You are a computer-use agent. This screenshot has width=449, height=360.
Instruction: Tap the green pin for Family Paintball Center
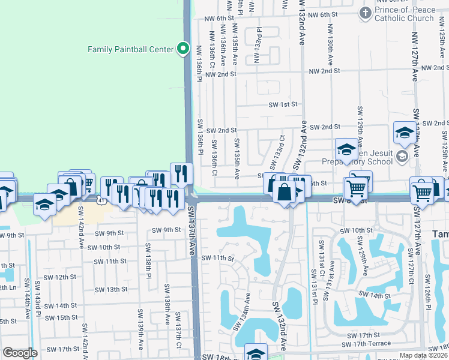[x=183, y=49]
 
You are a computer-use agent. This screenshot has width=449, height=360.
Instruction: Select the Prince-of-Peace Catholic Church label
[x=404, y=14]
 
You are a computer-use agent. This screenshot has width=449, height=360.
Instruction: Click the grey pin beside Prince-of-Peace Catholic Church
[x=365, y=13]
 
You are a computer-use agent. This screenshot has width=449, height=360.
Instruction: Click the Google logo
[x=20, y=353]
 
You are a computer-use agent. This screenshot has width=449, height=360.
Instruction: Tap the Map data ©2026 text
[x=423, y=355]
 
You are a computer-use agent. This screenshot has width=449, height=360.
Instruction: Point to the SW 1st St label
[x=283, y=104]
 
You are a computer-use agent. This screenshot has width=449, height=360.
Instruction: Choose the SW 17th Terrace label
[x=366, y=344]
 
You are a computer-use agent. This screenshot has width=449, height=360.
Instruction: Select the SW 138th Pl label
[x=148, y=258]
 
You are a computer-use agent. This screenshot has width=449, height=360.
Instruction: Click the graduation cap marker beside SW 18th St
[x=256, y=354]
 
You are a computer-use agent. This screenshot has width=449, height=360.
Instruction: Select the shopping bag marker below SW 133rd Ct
[x=285, y=193]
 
